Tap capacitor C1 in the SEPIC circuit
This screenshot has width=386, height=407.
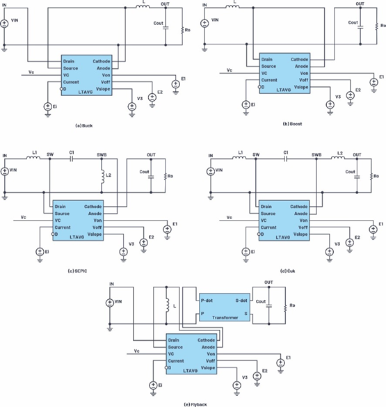pyautogui.click(x=71, y=159)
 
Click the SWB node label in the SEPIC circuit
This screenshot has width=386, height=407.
pyautogui.click(x=102, y=154)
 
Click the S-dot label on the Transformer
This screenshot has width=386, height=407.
pyautogui.click(x=242, y=300)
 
